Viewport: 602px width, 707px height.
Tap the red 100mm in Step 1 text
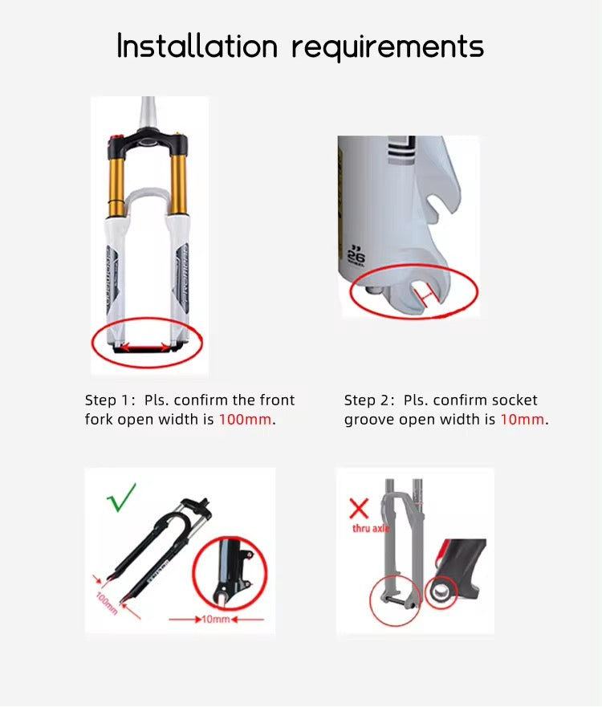point(245,420)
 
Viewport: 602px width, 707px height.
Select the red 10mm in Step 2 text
point(522,420)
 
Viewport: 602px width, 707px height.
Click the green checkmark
point(122,498)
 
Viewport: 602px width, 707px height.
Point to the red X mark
point(359,507)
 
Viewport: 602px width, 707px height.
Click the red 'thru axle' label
point(370,529)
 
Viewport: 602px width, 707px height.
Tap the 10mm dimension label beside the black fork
point(215,620)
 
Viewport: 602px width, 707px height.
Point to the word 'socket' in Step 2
point(515,400)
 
